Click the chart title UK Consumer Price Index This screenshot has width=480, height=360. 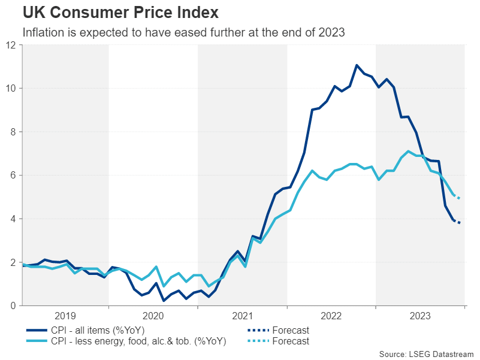pyautogui.click(x=120, y=12)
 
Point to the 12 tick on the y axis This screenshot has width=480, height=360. pyautogui.click(x=11, y=45)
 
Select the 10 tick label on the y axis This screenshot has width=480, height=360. pyautogui.click(x=11, y=89)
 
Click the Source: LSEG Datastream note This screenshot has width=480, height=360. pyautogui.click(x=427, y=353)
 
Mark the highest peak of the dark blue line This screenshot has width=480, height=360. pyautogui.click(x=357, y=65)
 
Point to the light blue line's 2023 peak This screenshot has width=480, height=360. pyautogui.click(x=408, y=151)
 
